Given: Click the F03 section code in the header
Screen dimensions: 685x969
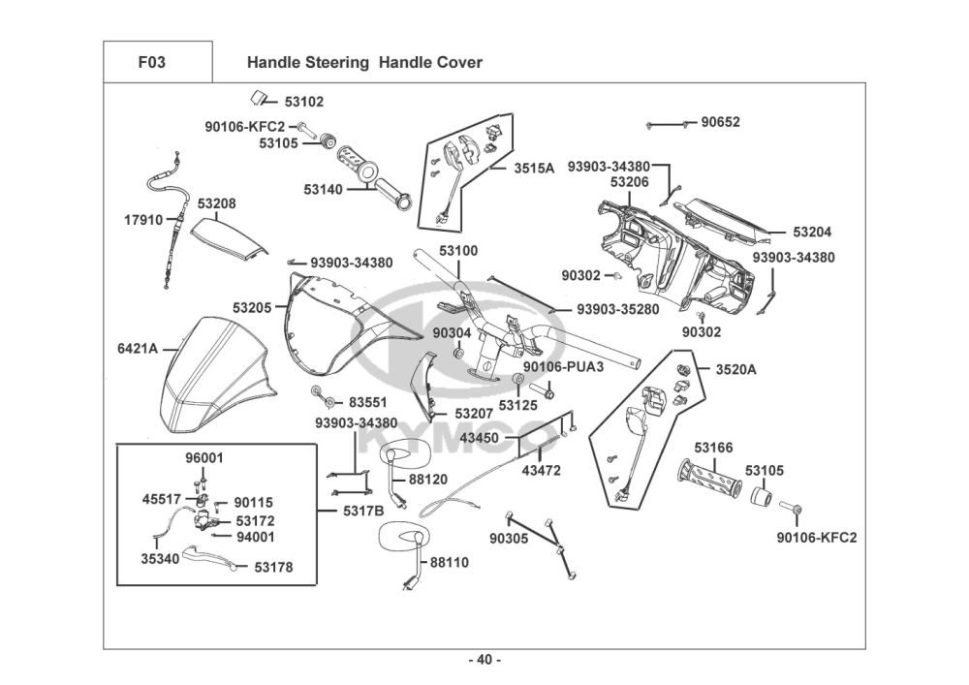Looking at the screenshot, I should pos(152,63).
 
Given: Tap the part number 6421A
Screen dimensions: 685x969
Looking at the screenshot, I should pos(138,348).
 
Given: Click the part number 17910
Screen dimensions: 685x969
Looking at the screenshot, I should pos(143,220).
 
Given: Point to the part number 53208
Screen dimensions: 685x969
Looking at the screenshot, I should pos(217,203).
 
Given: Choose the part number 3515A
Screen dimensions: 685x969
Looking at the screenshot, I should pos(534,168).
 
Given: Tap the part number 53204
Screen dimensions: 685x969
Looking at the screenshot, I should pos(812,233).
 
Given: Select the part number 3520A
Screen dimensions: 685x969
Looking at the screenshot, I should pos(736,369).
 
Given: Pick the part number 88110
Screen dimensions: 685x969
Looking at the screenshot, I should pos(450,561).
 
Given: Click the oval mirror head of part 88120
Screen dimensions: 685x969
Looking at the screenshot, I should pos(398,454).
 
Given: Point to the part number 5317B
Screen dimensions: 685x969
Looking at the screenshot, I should pos(364,510).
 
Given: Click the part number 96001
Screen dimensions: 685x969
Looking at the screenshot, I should pos(204,457).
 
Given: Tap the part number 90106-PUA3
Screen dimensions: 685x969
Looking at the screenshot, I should pos(564,367).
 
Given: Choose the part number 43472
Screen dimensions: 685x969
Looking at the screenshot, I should pos(542,471).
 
